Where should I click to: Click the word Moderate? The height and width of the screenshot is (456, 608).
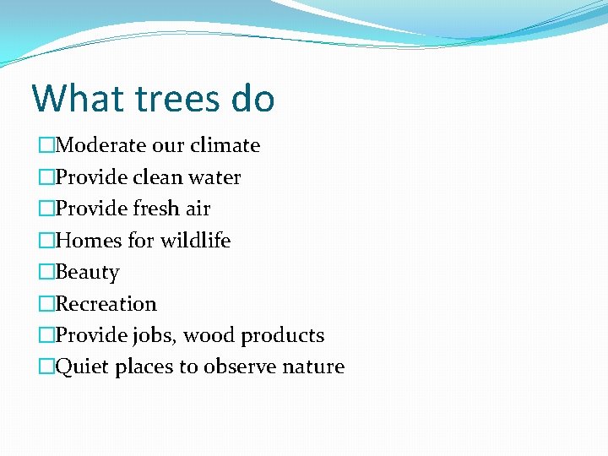(x=100, y=145)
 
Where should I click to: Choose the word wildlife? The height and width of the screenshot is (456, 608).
(x=197, y=241)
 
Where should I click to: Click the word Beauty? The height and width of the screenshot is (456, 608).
(x=87, y=273)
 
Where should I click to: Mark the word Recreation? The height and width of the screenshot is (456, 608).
(x=106, y=304)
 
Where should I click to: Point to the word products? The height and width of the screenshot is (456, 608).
(x=282, y=335)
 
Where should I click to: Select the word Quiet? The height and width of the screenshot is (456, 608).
(x=82, y=367)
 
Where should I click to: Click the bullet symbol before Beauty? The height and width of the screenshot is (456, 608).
(x=46, y=273)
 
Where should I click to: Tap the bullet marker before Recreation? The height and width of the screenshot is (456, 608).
(x=46, y=304)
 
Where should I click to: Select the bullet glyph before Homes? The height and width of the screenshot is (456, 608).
(x=46, y=241)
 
